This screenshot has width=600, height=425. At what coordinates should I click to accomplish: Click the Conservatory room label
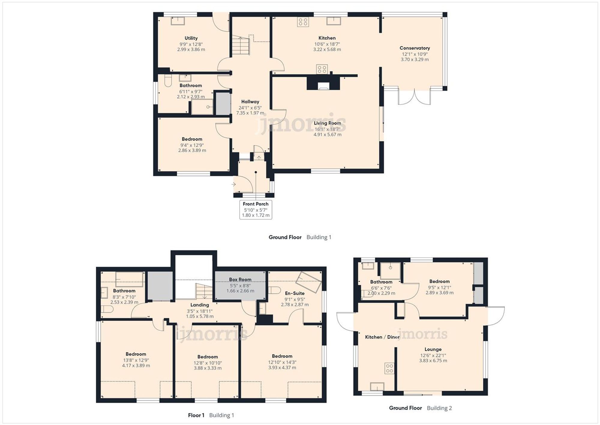click(x=415, y=48)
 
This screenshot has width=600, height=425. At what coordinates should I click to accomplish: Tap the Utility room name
click(x=191, y=38)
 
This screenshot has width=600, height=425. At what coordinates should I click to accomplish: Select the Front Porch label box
click(x=256, y=210)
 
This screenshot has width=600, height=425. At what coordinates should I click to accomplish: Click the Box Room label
click(x=240, y=280)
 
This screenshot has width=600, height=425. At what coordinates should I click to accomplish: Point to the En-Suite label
click(x=295, y=293)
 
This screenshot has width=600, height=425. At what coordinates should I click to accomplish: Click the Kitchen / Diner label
click(x=382, y=337)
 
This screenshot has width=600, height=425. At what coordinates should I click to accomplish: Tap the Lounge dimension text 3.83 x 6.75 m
click(x=433, y=361)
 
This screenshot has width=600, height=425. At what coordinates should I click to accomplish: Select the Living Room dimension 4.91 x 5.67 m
click(x=327, y=135)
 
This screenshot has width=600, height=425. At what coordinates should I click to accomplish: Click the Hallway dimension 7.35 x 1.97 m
click(x=250, y=113)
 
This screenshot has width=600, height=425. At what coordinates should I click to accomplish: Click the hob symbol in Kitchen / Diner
click(x=389, y=368)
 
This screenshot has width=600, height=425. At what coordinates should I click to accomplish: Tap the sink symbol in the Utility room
click(x=178, y=21)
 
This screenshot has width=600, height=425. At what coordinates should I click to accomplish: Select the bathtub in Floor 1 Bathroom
click(x=129, y=279)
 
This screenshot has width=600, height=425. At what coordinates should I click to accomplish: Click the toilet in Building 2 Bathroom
click(x=367, y=293)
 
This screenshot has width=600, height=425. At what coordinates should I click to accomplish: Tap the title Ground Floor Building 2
click(x=420, y=408)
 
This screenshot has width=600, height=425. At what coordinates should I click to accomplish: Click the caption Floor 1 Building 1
click(x=211, y=415)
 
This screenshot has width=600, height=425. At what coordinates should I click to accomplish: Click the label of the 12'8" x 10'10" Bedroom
click(x=208, y=357)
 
